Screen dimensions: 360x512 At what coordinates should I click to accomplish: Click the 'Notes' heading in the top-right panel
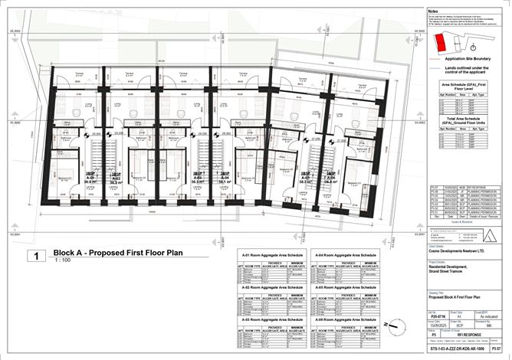[x=433, y=12]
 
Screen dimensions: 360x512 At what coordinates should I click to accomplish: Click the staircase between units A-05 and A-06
[x=322, y=169]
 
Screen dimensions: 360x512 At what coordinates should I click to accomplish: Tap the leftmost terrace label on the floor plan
[x=78, y=74]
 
